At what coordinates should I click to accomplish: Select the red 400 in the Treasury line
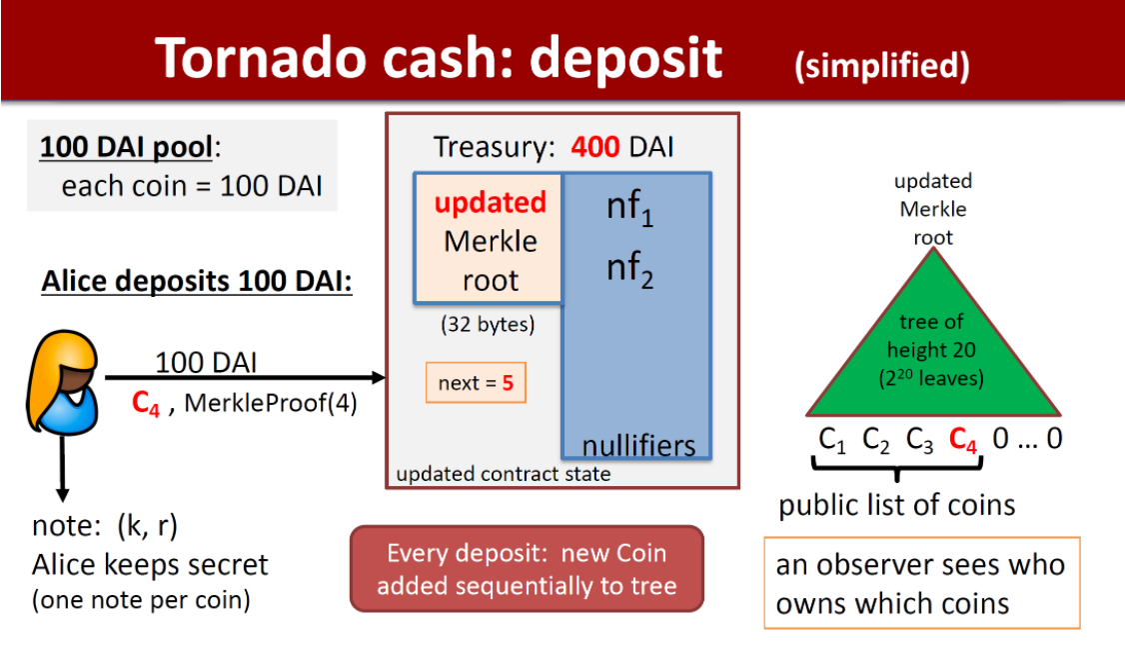595,148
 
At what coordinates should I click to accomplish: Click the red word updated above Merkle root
490,202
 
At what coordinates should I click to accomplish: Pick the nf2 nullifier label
629,270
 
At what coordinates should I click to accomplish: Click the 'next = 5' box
476,382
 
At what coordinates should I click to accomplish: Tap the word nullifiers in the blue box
638,445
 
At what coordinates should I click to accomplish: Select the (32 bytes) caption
488,324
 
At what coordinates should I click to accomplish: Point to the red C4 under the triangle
963,440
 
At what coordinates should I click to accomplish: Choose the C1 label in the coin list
833,440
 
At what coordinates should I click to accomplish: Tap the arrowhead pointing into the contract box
379,377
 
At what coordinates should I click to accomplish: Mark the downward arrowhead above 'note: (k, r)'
63,494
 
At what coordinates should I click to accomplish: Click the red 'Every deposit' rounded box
527,568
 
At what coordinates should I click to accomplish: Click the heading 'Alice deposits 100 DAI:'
197,281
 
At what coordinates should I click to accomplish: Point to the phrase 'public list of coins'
896,504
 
